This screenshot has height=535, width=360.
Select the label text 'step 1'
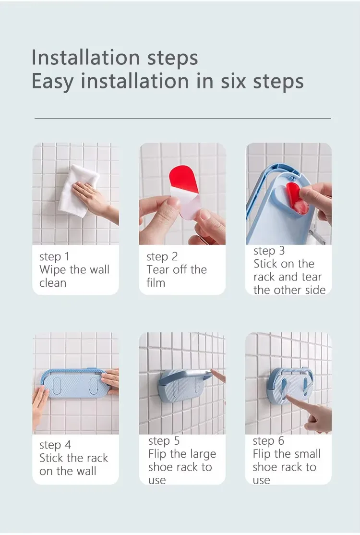[55, 256]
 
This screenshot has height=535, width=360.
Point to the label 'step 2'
[162, 256]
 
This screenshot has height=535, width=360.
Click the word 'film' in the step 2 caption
[156, 283]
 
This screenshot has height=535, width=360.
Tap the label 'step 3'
[269, 251]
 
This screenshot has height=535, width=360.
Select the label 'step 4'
[55, 445]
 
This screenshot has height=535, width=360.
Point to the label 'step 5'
[164, 441]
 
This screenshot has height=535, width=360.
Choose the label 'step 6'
[268, 441]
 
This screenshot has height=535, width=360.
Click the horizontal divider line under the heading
[182, 118]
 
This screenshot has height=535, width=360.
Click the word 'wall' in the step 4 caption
[86, 471]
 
